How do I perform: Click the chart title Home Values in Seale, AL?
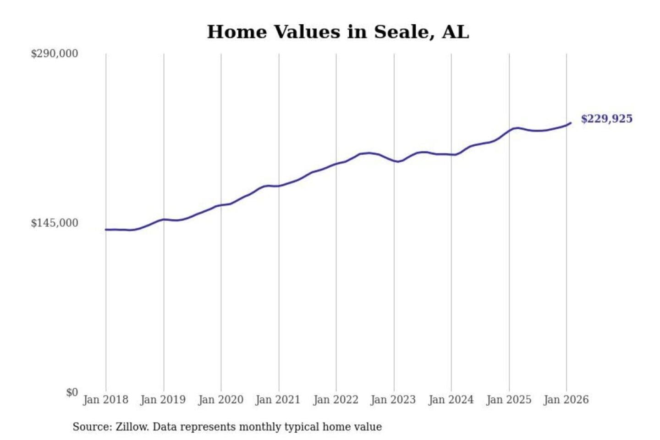click(x=338, y=32)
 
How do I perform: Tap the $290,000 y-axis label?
click(x=54, y=54)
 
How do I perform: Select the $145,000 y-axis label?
click(x=54, y=223)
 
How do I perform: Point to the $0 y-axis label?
click(x=72, y=392)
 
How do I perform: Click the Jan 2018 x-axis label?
click(x=105, y=400)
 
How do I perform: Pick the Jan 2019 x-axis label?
click(x=163, y=400)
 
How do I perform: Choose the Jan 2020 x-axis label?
click(x=220, y=400)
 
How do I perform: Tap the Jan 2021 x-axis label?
click(x=278, y=400)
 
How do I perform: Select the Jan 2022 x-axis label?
click(x=335, y=400)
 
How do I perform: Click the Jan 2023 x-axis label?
click(x=393, y=400)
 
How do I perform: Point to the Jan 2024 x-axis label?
click(x=451, y=400)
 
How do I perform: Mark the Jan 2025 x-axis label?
click(x=508, y=400)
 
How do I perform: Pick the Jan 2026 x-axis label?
click(x=566, y=400)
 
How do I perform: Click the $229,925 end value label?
click(x=606, y=119)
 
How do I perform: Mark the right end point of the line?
click(x=570, y=123)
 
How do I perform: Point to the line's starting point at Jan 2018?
click(x=106, y=230)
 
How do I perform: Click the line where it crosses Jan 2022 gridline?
click(x=336, y=164)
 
